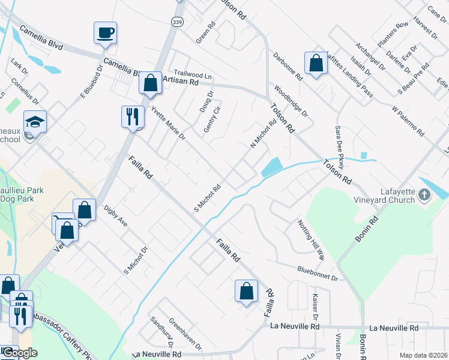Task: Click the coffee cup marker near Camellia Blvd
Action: [x=105, y=32]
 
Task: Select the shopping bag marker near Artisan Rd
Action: [x=150, y=83]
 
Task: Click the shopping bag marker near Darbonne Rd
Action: [x=315, y=62]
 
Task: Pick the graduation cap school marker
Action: [x=35, y=121]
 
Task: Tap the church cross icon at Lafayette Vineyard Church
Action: [x=424, y=194]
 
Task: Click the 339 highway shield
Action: [x=176, y=22]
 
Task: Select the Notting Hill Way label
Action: [x=310, y=239]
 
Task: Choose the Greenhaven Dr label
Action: [x=184, y=334]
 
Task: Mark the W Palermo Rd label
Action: [x=408, y=121]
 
